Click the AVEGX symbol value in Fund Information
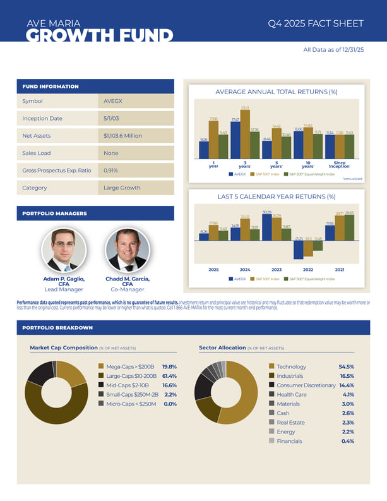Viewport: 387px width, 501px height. coord(113,101)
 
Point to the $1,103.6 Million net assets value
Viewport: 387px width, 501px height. coord(124,136)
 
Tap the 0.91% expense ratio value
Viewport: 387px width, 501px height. coord(111,170)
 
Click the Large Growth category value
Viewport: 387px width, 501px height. coord(122,188)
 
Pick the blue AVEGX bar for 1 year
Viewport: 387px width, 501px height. coord(204,150)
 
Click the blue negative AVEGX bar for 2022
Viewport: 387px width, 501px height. coord(298,250)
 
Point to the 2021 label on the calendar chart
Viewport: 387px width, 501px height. coord(340,269)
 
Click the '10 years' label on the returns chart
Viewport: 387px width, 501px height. coord(307,165)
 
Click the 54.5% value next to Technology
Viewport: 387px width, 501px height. coord(346,366)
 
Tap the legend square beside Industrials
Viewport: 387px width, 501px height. coord(271,376)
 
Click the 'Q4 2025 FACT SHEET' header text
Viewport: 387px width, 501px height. coord(316,23)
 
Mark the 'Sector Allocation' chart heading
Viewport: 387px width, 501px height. coord(222,347)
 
